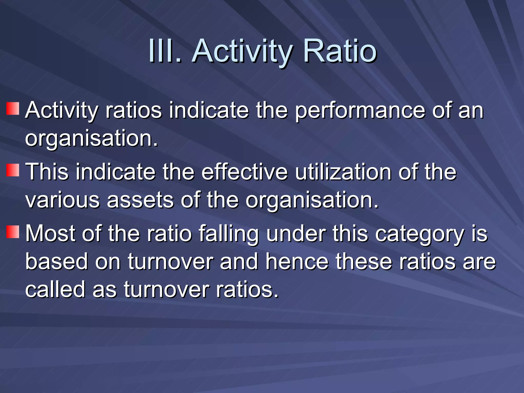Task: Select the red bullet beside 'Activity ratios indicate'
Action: (x=13, y=108)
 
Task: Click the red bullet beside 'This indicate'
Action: (x=13, y=170)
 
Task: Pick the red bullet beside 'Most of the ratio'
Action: (x=13, y=232)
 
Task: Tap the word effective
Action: (x=245, y=172)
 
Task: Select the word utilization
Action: (x=343, y=172)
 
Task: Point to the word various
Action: (x=62, y=200)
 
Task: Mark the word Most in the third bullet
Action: (x=50, y=233)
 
